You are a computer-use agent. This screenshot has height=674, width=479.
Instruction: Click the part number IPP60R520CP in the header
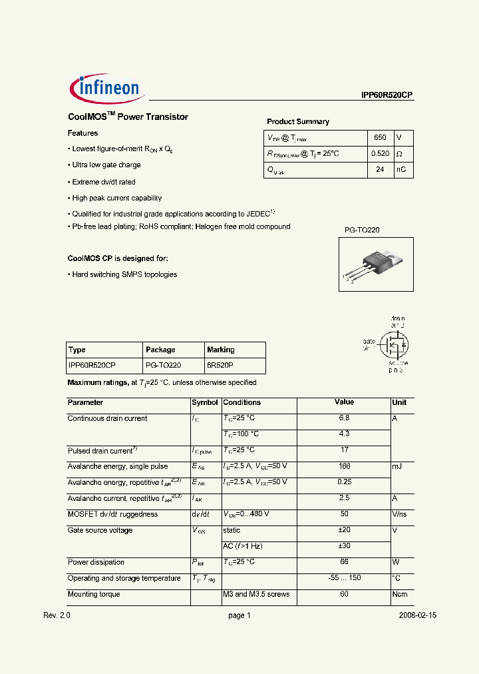pyautogui.click(x=383, y=95)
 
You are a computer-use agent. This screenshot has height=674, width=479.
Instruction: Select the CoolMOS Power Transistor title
pyautogui.click(x=128, y=117)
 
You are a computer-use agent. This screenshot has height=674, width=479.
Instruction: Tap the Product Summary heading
pyautogui.click(x=298, y=122)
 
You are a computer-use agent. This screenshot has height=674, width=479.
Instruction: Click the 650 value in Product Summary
pyautogui.click(x=380, y=138)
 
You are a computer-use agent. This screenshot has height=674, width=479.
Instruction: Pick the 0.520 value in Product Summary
pyautogui.click(x=380, y=154)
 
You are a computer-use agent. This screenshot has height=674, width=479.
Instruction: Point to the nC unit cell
pyautogui.click(x=401, y=170)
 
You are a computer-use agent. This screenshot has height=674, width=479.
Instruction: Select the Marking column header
pyautogui.click(x=221, y=350)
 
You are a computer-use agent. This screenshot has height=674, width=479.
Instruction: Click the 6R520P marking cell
pyautogui.click(x=220, y=366)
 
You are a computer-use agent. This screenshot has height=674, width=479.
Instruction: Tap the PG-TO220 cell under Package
pyautogui.click(x=163, y=366)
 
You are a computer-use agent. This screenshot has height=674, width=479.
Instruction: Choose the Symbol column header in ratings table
pyautogui.click(x=205, y=403)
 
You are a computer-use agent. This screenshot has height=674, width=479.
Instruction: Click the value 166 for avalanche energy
pyautogui.click(x=344, y=466)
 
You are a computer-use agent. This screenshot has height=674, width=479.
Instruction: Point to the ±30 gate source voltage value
pyautogui.click(x=344, y=546)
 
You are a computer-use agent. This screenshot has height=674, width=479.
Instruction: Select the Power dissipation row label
pyautogui.click(x=96, y=562)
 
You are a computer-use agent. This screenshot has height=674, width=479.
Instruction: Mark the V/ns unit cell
pyautogui.click(x=400, y=514)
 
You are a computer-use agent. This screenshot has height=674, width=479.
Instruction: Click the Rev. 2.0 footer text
pyautogui.click(x=57, y=616)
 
